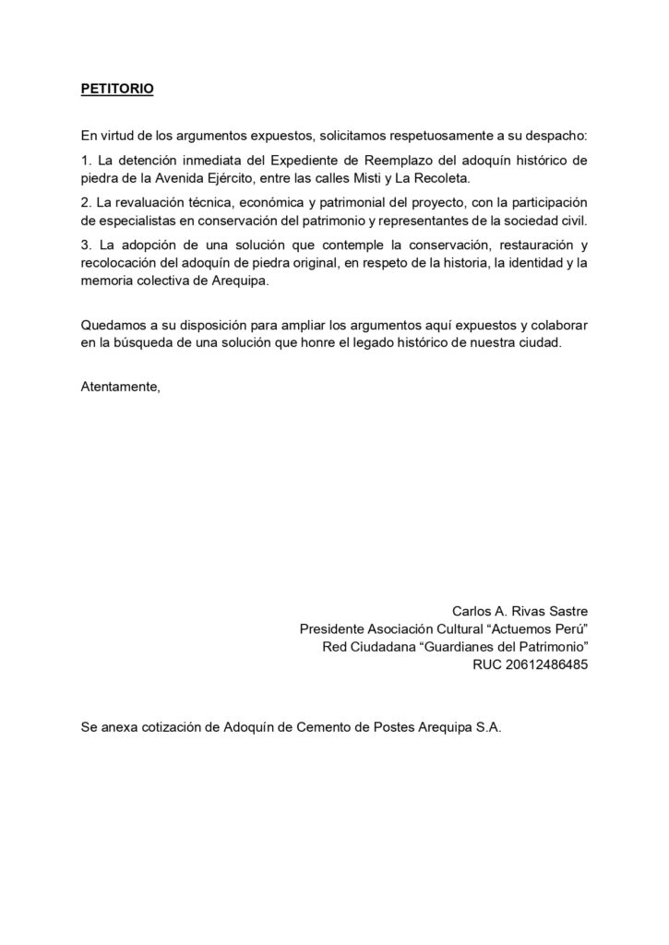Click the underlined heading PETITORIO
point(117,90)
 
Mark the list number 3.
point(85,245)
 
